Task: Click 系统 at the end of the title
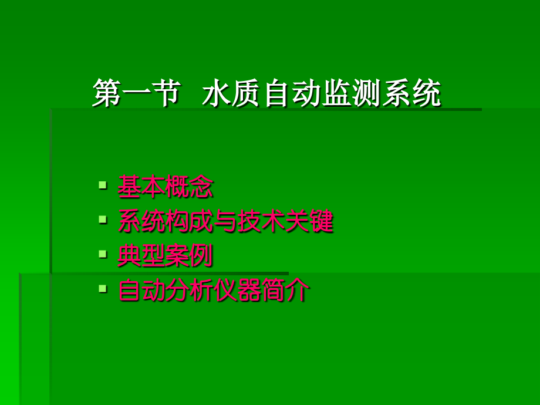(x=411, y=94)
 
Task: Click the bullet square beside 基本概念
(x=103, y=186)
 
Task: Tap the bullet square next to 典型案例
(x=103, y=254)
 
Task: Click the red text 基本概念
(x=166, y=188)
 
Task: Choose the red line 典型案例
(x=166, y=256)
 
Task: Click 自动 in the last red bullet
(x=141, y=291)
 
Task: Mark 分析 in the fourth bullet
(x=190, y=291)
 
